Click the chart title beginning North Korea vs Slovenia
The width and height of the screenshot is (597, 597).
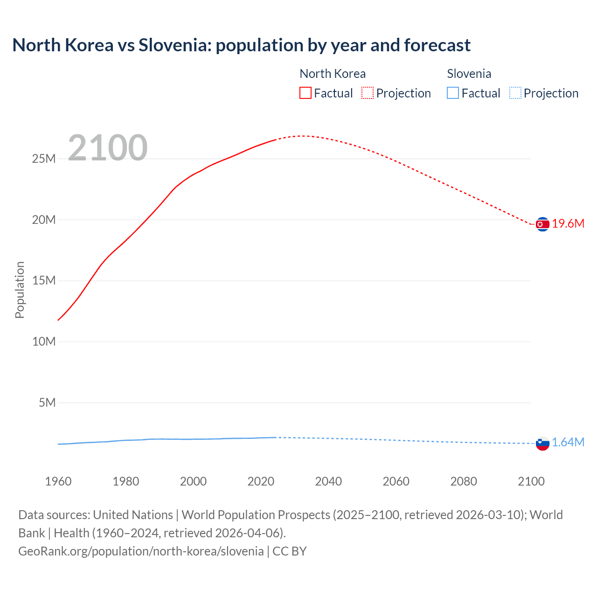[x=241, y=45]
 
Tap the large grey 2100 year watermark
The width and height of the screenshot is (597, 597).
[x=108, y=148]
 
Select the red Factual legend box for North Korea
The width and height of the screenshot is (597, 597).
[x=305, y=93]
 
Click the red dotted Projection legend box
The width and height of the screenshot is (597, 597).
[x=368, y=93]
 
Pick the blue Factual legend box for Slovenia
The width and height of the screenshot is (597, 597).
[x=453, y=93]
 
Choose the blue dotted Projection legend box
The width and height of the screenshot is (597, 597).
[x=515, y=93]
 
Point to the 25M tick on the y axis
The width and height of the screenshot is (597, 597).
[x=44, y=159]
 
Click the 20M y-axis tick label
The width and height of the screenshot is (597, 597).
[x=44, y=220]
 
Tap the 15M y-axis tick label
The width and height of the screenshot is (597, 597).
[x=44, y=281]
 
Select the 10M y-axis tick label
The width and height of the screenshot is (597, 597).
[x=44, y=341]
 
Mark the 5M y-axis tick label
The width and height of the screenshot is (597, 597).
[x=47, y=403]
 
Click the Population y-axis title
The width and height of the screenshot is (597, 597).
[x=20, y=290]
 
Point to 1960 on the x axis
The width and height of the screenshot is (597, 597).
[x=58, y=481]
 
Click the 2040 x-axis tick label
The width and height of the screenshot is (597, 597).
[x=328, y=481]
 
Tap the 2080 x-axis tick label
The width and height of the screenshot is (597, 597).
[x=464, y=481]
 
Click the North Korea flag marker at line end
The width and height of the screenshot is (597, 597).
[x=542, y=224]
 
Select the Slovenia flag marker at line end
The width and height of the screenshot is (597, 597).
[x=542, y=443]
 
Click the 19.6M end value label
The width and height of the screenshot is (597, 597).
[x=568, y=224]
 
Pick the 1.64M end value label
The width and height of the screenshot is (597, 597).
[x=568, y=443]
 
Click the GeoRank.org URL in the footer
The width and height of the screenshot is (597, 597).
[x=141, y=551]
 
